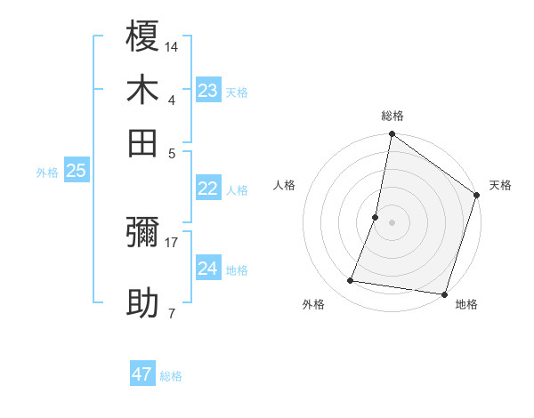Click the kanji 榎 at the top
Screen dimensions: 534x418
click(x=142, y=37)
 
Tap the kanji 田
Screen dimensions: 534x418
click(x=142, y=143)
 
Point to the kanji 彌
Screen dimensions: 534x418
click(x=142, y=233)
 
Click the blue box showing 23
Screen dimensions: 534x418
click(x=208, y=91)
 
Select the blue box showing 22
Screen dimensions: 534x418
click(x=208, y=189)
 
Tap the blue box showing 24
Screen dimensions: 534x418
click(x=208, y=269)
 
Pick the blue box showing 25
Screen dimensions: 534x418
click(x=77, y=172)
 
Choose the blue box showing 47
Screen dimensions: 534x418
click(x=142, y=374)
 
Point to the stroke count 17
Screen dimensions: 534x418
click(x=172, y=242)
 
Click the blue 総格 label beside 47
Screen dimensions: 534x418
click(x=171, y=376)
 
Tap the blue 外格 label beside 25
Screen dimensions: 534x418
click(x=47, y=173)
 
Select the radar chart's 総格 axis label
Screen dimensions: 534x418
click(x=392, y=116)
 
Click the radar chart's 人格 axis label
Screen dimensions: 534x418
click(x=284, y=185)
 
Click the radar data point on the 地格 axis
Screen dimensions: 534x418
click(x=443, y=293)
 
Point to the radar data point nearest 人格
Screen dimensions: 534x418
click(x=376, y=217)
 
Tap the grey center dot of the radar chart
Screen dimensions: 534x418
click(x=392, y=222)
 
